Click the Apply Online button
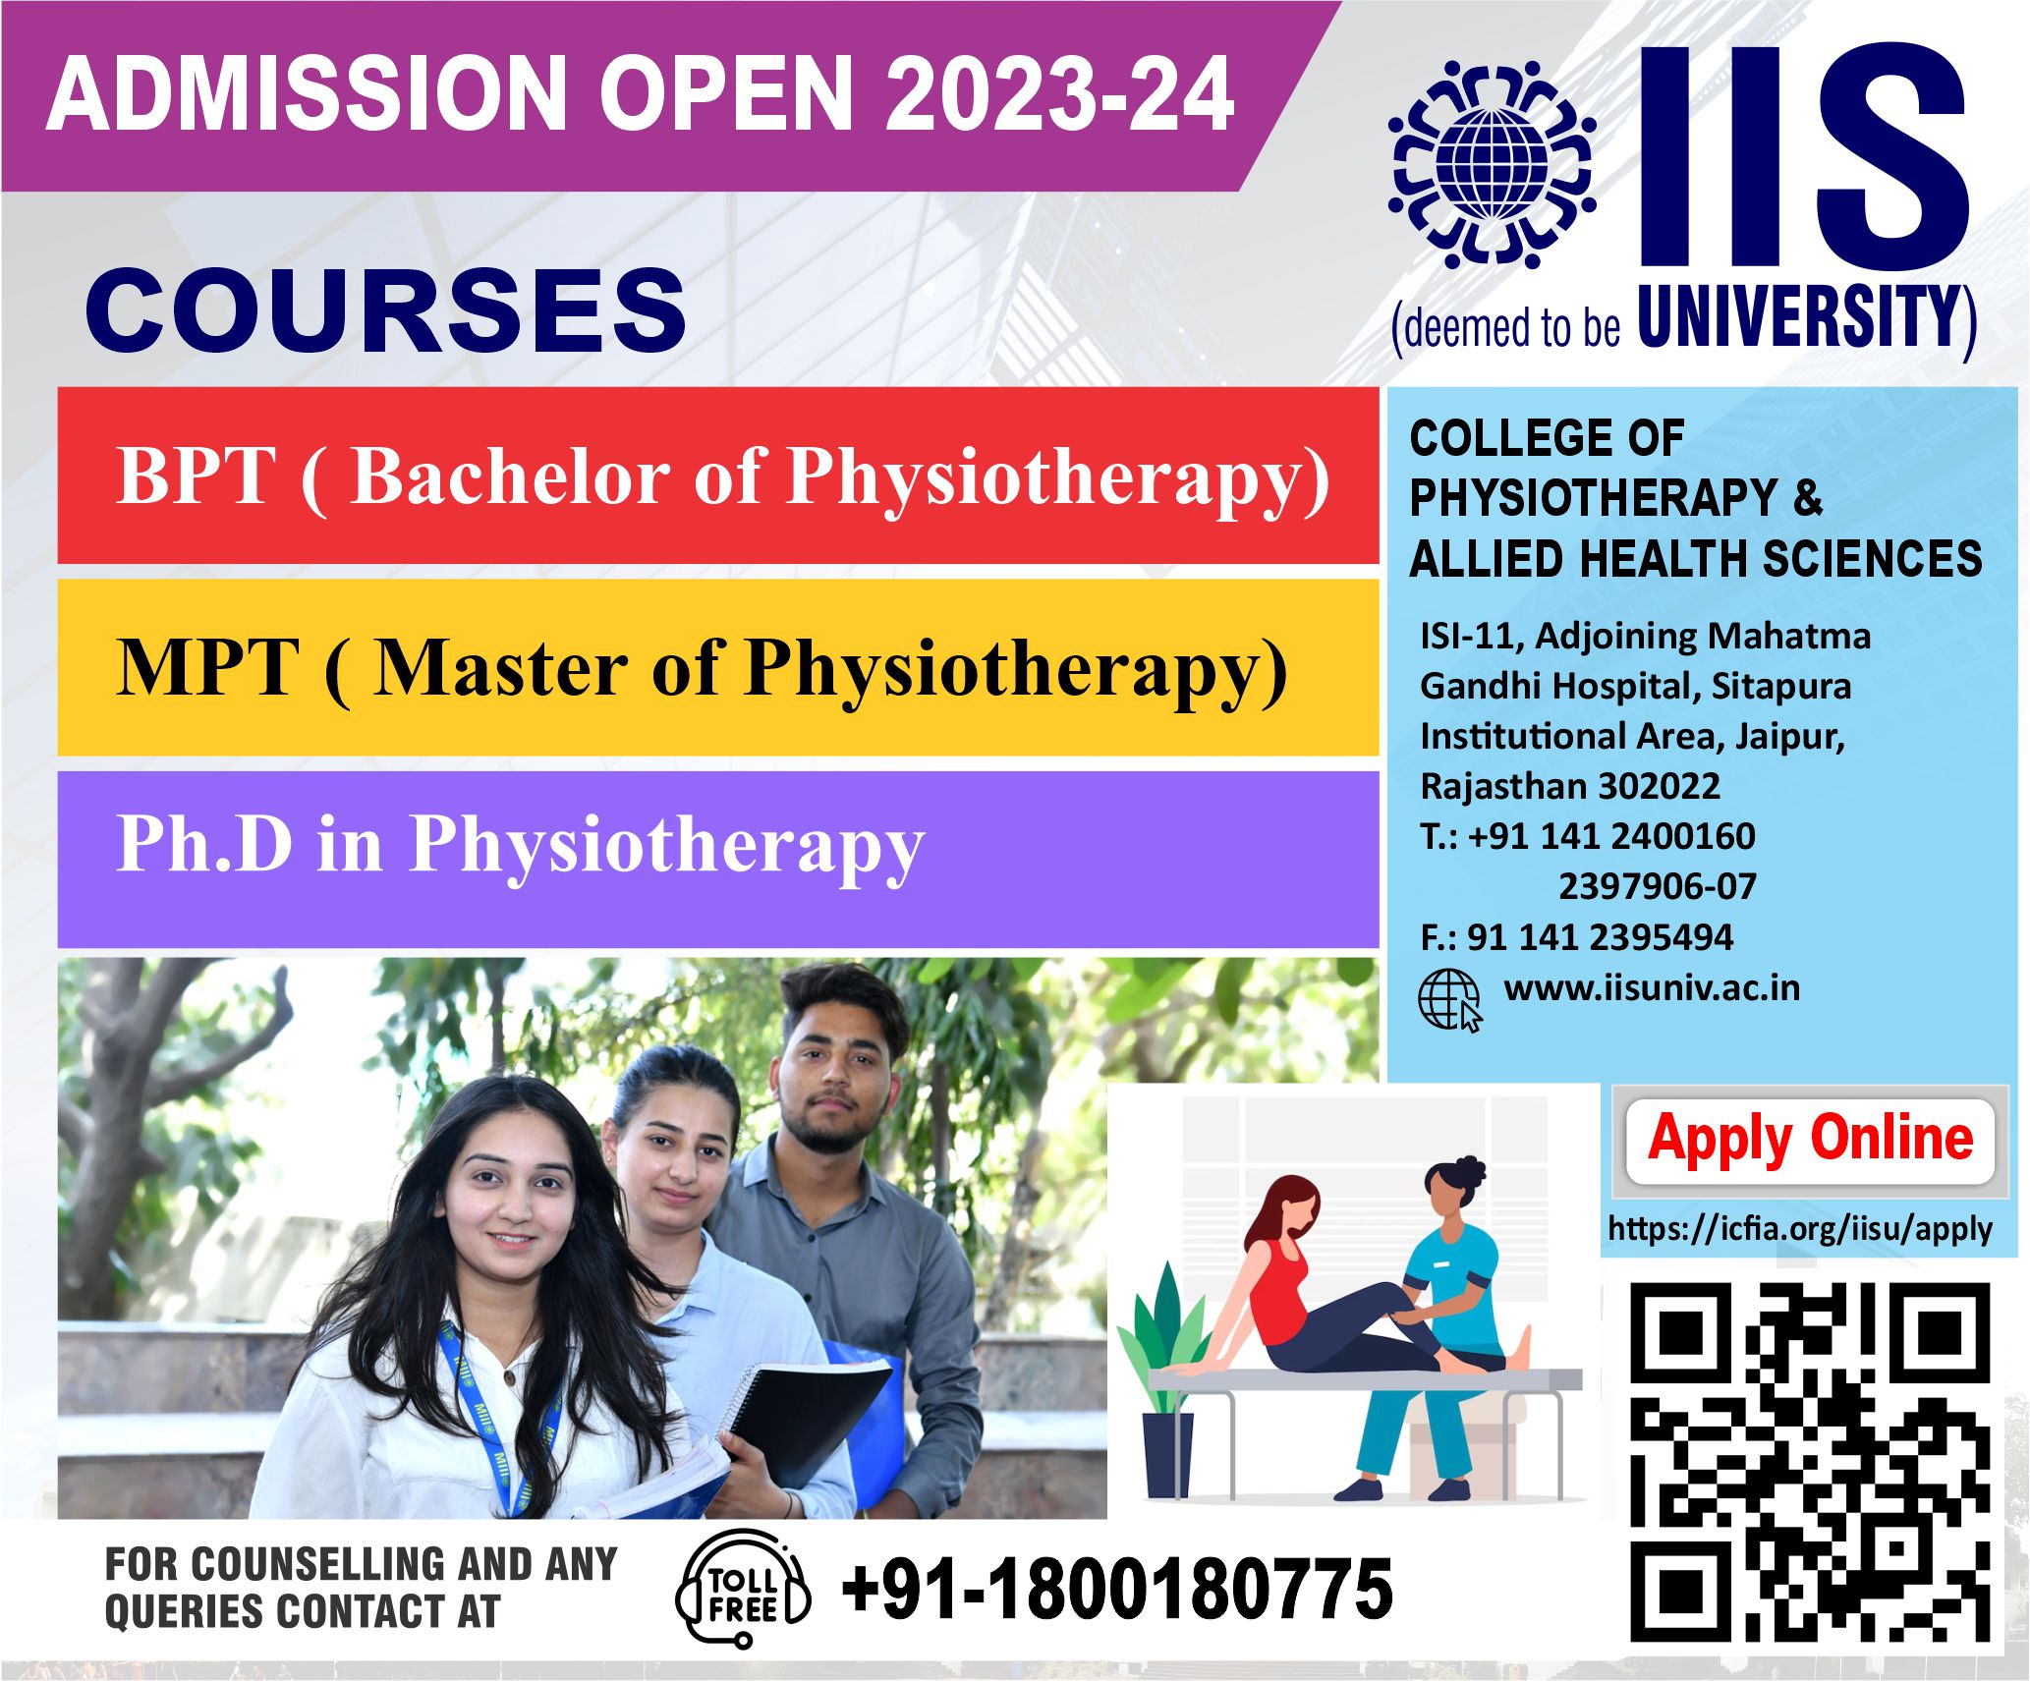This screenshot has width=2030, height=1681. coord(1810,1141)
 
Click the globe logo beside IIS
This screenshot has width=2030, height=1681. coord(1492,164)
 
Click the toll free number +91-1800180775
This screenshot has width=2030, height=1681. coord(1117,1589)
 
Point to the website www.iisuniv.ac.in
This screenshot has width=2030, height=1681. coord(1652,987)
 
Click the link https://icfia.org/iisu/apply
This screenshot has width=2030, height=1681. coord(1800,1229)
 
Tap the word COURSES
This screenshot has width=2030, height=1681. coord(386,309)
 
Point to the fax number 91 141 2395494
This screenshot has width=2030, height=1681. coord(1600,937)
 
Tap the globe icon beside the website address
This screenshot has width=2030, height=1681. coord(1449,1000)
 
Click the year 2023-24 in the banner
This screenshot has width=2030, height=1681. coord(1059,94)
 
